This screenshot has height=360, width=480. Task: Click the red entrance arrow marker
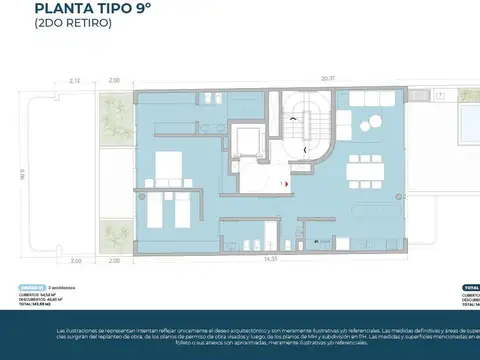point(287,185)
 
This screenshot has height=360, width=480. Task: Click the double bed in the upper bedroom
point(165,162)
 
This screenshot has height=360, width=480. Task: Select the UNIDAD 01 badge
point(31,286)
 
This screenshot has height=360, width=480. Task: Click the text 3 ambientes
point(62,286)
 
